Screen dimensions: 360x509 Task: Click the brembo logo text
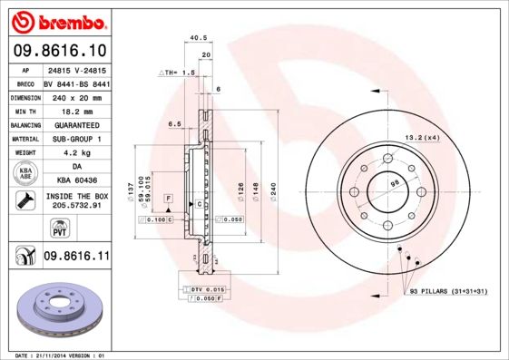[64, 19]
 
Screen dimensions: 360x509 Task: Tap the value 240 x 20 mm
[76, 95]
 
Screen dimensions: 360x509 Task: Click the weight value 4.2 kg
[76, 152]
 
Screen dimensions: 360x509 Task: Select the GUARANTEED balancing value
[76, 124]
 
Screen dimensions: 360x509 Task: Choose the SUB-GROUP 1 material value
[76, 139]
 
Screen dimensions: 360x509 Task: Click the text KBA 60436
[76, 180]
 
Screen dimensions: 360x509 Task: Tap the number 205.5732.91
[76, 206]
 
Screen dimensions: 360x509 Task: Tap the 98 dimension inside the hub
[394, 184]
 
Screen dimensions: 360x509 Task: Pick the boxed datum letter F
[168, 197]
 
